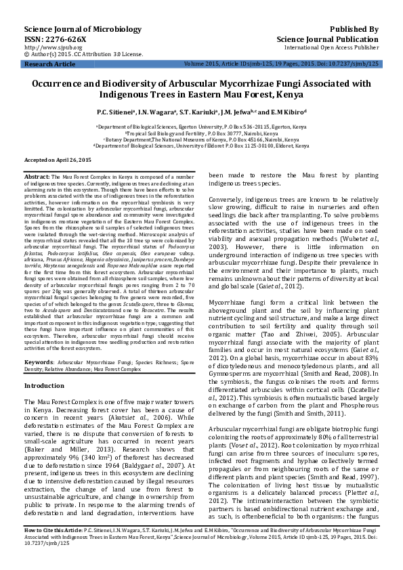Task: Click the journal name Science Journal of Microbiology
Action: click(x=73, y=30)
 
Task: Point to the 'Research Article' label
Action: click(x=50, y=64)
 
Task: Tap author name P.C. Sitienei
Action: click(x=116, y=112)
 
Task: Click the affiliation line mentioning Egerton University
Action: click(x=200, y=127)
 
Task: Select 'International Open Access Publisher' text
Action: click(x=331, y=48)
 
